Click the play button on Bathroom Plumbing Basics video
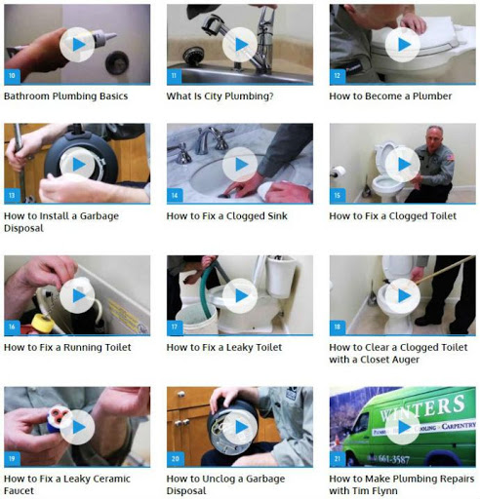click(x=77, y=45)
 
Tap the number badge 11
click(x=175, y=76)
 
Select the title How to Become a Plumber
click(x=390, y=96)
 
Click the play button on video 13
click(x=77, y=165)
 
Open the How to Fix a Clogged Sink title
click(x=226, y=216)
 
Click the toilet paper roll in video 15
click(x=339, y=172)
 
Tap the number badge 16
click(x=12, y=326)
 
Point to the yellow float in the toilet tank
click(x=43, y=323)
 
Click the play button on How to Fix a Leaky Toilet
click(x=240, y=295)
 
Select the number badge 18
click(x=338, y=326)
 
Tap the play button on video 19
click(x=77, y=427)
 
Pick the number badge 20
click(x=176, y=459)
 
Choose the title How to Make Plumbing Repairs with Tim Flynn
click(x=402, y=484)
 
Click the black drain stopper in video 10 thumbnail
click(x=117, y=62)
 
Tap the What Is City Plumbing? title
click(x=220, y=96)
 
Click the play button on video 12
click(x=403, y=45)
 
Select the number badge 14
click(x=175, y=196)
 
